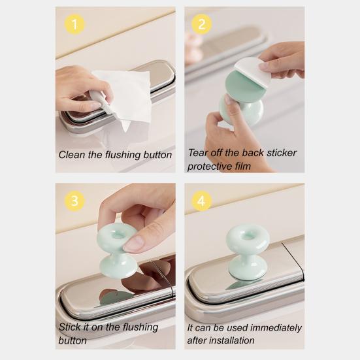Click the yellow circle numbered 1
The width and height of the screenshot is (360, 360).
point(76,25)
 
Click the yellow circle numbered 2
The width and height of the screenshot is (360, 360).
point(201,25)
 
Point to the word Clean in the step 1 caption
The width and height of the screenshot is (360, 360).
point(72,155)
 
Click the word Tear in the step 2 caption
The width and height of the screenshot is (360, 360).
point(199,153)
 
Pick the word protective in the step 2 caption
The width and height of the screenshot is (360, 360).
point(210,166)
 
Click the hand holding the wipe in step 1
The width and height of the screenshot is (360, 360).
point(78,88)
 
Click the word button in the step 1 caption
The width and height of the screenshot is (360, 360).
point(157,155)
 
